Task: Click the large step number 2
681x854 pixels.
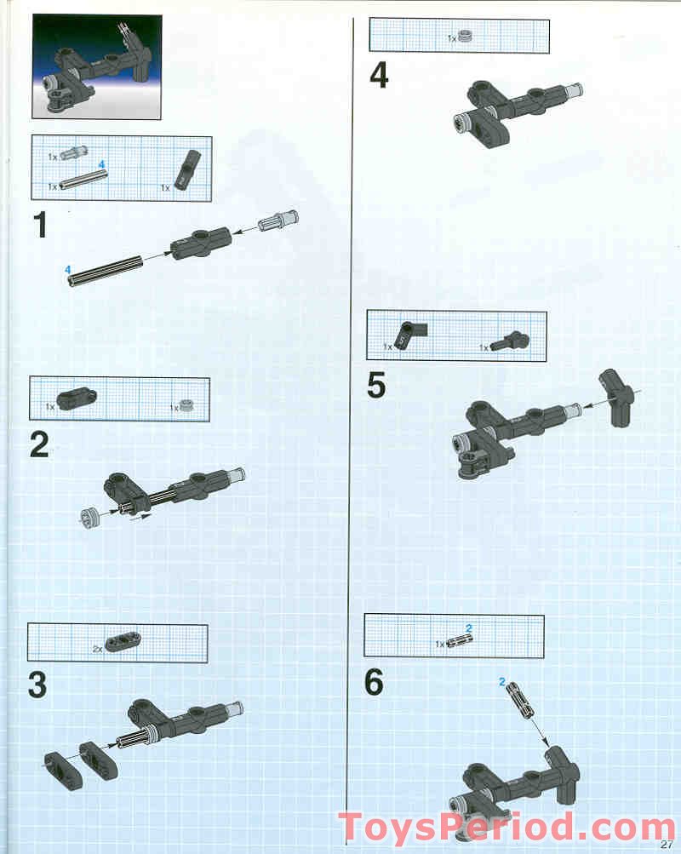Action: click(x=39, y=444)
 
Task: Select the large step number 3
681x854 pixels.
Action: click(x=37, y=685)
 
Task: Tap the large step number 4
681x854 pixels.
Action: click(x=379, y=76)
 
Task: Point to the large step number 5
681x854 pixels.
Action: click(x=376, y=386)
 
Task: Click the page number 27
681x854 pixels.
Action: click(x=667, y=845)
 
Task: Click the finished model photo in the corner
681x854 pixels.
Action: click(x=96, y=69)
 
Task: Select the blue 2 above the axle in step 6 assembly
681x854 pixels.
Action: click(x=502, y=682)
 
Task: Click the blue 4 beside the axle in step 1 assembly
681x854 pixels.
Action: click(x=66, y=269)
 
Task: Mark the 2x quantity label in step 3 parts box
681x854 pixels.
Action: click(x=97, y=648)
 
